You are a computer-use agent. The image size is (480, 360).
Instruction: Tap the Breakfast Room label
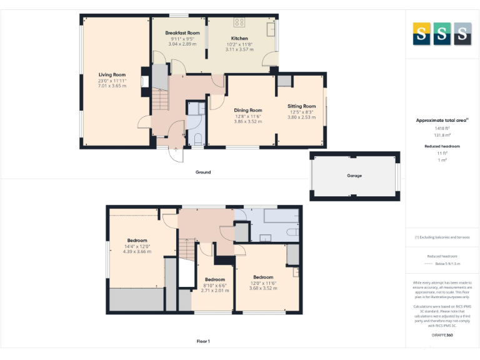[182, 32]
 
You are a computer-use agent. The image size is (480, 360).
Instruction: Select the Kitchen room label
[239, 38]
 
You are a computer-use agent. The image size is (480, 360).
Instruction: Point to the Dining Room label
[248, 110]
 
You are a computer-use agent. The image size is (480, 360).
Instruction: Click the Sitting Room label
[301, 106]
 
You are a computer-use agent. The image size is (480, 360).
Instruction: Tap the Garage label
[354, 176]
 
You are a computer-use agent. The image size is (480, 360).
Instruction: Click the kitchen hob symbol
[239, 22]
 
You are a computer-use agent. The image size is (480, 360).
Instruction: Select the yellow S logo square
[421, 34]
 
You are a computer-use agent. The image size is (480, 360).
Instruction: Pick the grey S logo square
[462, 34]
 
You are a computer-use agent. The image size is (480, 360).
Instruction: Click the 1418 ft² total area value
[442, 127]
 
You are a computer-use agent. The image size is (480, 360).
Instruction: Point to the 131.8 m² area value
[442, 134]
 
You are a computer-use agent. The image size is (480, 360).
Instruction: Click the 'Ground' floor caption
[202, 172]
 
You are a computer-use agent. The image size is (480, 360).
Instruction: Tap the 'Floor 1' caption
[202, 341]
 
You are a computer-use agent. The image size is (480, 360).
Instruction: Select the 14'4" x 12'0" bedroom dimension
[137, 246]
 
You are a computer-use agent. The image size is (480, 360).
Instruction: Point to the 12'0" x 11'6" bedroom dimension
[263, 283]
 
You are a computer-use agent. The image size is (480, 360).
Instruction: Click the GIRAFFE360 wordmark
[442, 336]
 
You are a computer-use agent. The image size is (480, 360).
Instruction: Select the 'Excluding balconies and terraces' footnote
[442, 237]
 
